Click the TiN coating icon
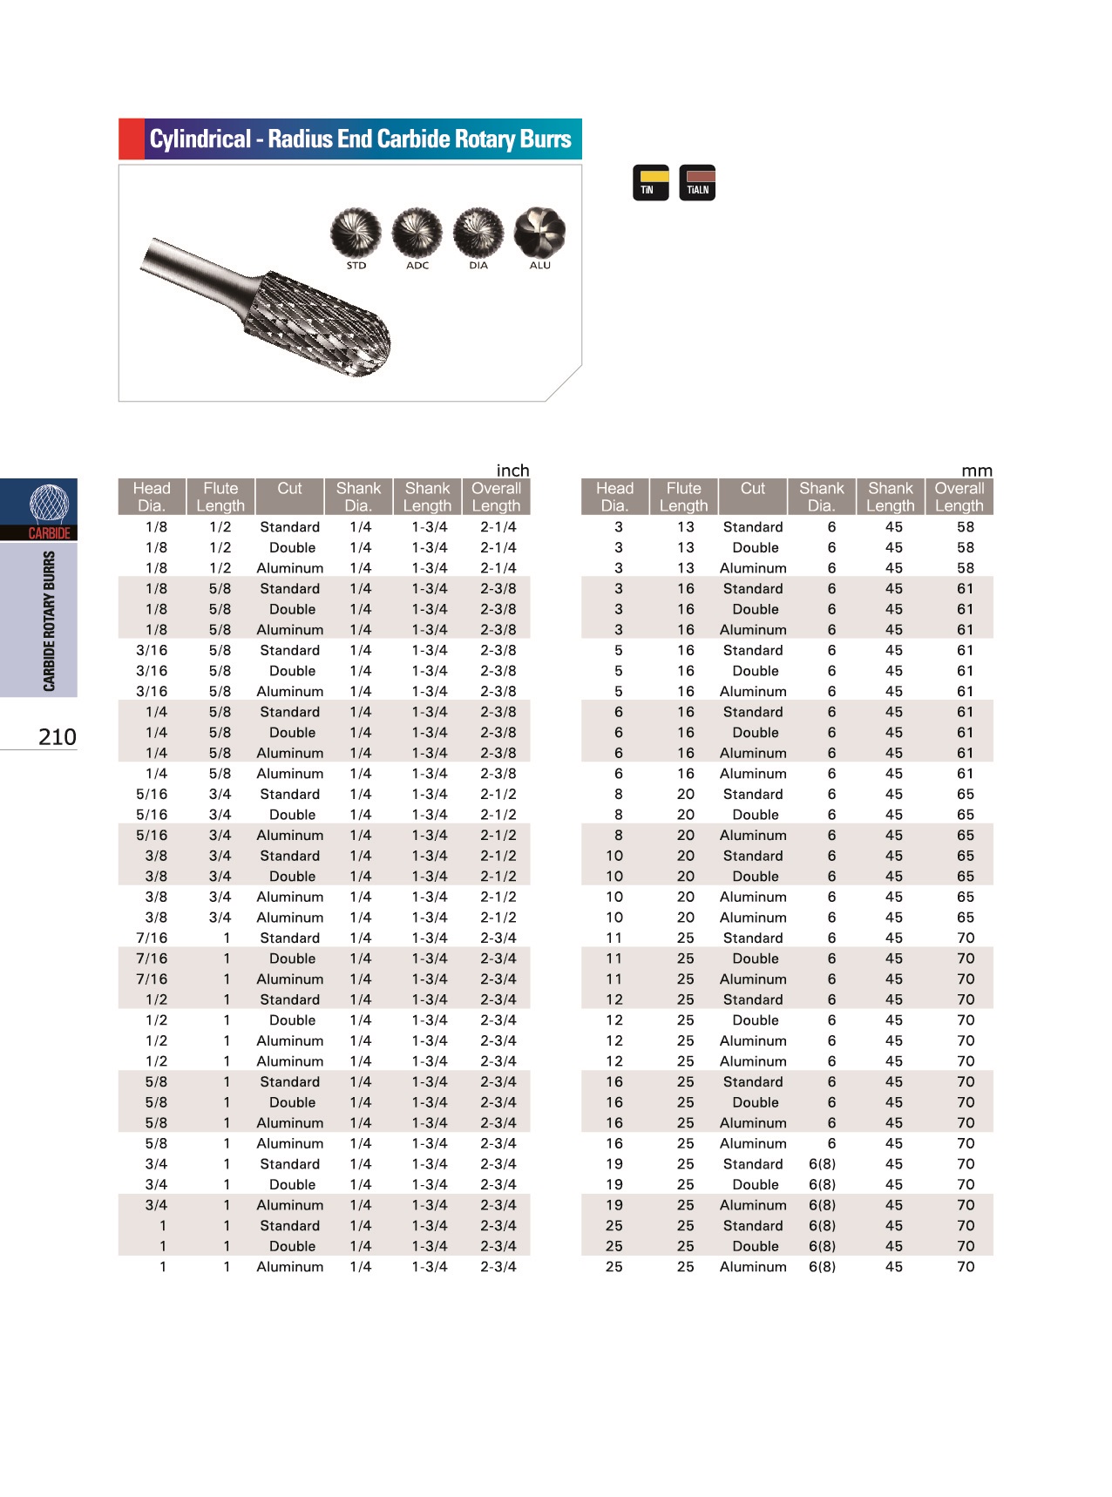pos(650,182)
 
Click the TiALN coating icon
pos(697,182)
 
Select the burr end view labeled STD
pos(356,234)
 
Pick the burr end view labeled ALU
pos(539,233)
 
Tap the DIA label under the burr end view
pos(478,266)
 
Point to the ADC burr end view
pos(417,234)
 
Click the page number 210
pos(58,737)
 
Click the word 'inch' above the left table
pos(512,471)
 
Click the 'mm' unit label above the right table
pos(977,471)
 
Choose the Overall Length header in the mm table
pos(959,497)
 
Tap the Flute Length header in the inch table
pos(220,497)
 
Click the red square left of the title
pos(132,139)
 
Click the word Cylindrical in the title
pos(200,139)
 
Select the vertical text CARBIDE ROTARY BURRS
pos(49,620)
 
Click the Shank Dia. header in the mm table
pos(822,497)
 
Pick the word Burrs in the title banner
pos(545,139)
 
